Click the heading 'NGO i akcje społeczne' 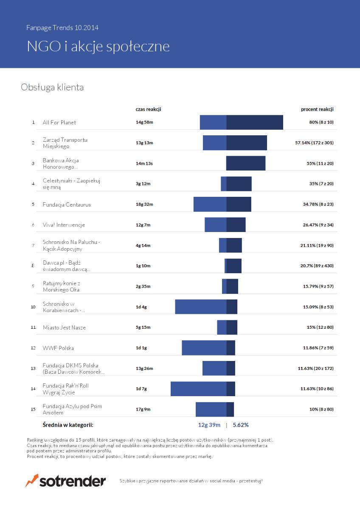(x=98, y=46)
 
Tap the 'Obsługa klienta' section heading (x=52, y=87)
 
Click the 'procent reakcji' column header (x=317, y=109)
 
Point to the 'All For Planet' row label (x=59, y=123)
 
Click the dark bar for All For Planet (x=255, y=122)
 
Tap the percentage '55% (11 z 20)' (x=320, y=163)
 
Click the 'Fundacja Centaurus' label (x=67, y=204)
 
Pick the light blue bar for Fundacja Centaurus (x=210, y=204)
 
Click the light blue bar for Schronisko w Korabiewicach (x=200, y=307)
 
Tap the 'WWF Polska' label (x=58, y=348)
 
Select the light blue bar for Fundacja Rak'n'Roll (x=198, y=389)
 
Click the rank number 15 (x=33, y=409)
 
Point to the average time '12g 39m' (x=209, y=425)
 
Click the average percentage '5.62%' (x=241, y=425)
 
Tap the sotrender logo (x=66, y=481)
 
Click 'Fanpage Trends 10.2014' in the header (x=62, y=28)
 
